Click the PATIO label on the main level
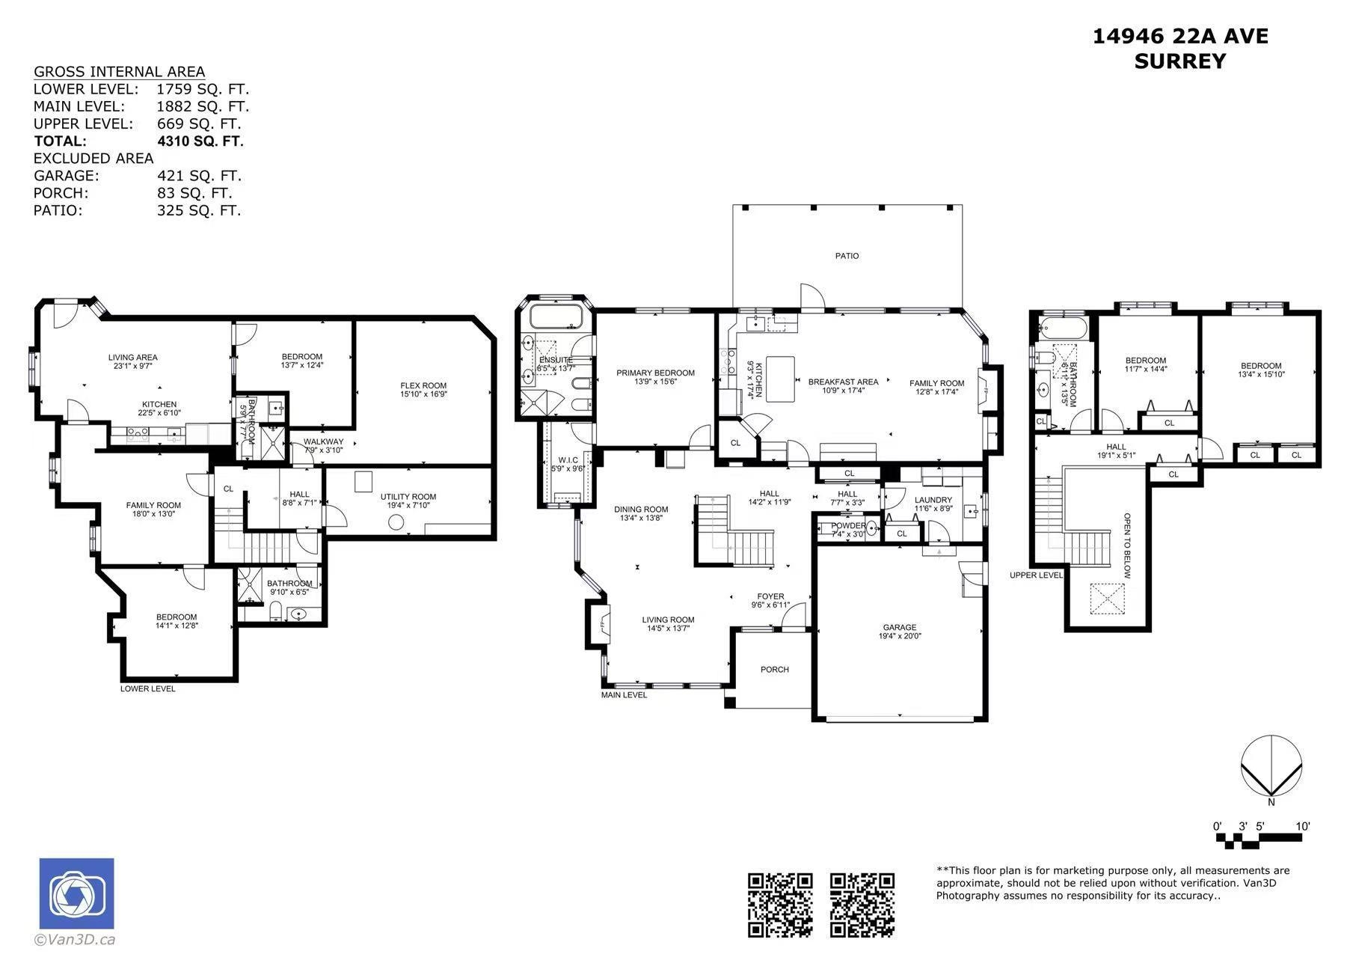coord(847,256)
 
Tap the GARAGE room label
coord(899,628)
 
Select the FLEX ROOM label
coord(423,386)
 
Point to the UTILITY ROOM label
coord(408,497)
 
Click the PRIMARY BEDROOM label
coord(655,373)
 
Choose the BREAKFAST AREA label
coord(843,382)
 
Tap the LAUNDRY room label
coord(933,500)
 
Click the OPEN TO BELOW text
coord(1126,545)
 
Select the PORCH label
coord(775,670)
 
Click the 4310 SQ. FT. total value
coord(200,141)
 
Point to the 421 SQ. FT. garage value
coord(199,176)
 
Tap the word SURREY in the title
coord(1180,61)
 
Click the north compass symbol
coord(1271,766)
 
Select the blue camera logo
coord(76,893)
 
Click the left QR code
coord(780,905)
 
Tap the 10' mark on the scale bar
coord(1303,827)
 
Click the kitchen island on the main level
coord(779,379)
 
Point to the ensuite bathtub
coord(556,317)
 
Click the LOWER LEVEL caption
coord(148,688)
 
